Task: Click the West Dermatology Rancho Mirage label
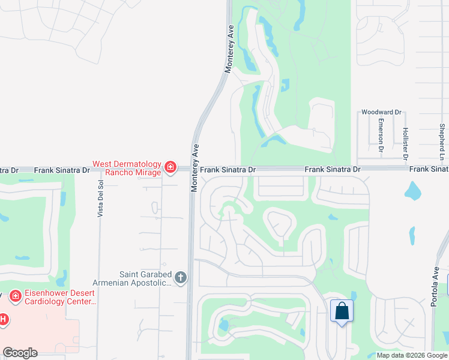(127, 168)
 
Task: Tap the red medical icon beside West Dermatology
(170, 167)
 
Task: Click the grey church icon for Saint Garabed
(181, 278)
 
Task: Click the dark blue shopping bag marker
(342, 311)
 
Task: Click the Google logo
(20, 353)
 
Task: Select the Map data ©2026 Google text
(412, 355)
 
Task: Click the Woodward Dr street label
(381, 112)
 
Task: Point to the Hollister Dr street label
(406, 142)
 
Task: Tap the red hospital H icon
(3, 319)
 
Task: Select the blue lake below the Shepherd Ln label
(412, 191)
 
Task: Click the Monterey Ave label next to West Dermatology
(194, 168)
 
